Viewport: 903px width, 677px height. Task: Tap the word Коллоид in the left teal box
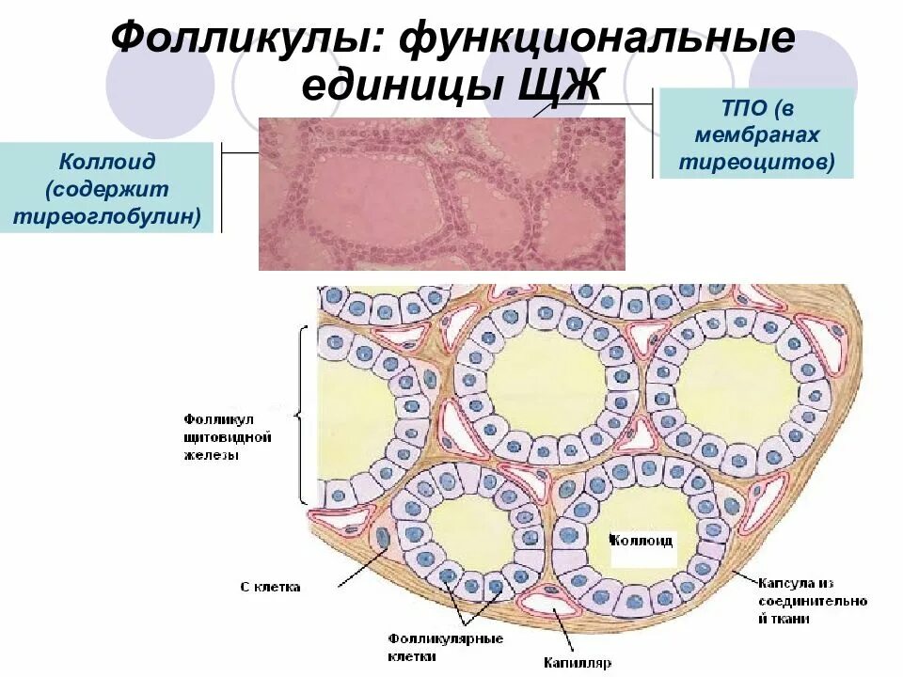click(x=106, y=162)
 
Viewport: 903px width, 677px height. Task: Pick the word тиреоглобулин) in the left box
click(x=106, y=217)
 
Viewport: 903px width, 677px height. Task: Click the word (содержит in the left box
click(x=106, y=189)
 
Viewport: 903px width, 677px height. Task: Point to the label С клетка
click(x=270, y=587)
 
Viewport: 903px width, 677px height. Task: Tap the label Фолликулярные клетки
click(x=445, y=647)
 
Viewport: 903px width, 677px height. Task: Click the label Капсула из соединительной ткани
click(x=812, y=601)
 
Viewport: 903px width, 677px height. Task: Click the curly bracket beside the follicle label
click(x=301, y=414)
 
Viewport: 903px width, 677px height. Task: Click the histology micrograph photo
click(x=441, y=193)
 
